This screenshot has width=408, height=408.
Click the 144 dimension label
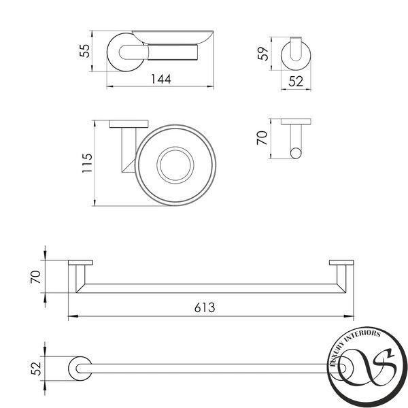tap(161, 79)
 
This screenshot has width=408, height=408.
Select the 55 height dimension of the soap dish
tap(85, 51)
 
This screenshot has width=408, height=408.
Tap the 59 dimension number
tap(262, 53)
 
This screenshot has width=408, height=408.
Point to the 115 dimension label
tap(87, 163)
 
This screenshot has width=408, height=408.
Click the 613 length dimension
tap(205, 308)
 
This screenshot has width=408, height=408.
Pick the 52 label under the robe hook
tap(296, 82)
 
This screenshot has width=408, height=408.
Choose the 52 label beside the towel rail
tap(36, 369)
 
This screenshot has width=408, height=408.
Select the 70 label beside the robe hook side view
tap(262, 138)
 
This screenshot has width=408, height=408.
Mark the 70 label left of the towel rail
tap(35, 277)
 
